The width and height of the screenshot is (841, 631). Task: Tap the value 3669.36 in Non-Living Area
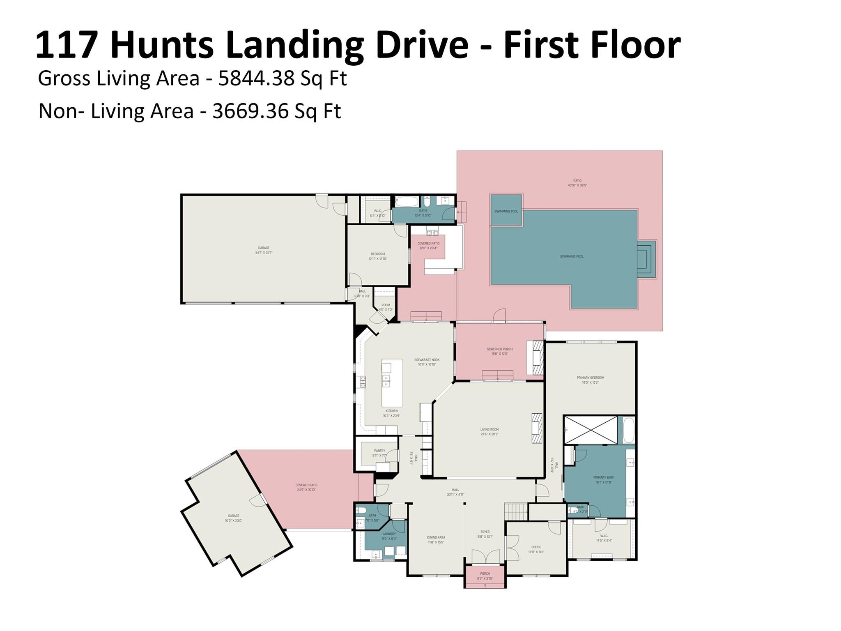tap(250, 111)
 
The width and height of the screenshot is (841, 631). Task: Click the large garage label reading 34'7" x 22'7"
tap(264, 250)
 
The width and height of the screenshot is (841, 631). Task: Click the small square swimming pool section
tap(506, 211)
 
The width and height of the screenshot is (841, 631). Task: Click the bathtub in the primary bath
tap(628, 430)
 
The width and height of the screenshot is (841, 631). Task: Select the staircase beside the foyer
tap(515, 511)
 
